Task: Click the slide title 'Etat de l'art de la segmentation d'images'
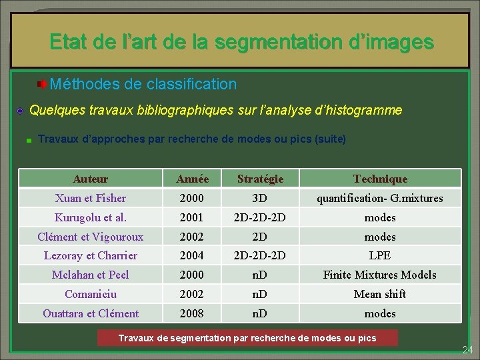coord(241,42)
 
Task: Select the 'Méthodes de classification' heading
coord(143,85)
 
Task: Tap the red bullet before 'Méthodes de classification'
coord(41,85)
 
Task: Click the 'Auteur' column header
coord(91,179)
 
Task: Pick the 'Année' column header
coord(193,179)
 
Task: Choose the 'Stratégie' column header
coord(260,179)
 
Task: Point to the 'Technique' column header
coord(380,179)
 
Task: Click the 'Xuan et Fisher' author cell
coord(91,198)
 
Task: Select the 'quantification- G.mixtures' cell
coord(380,198)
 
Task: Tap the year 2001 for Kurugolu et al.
coord(193,217)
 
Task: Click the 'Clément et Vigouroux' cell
coord(91,237)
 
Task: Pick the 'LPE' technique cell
coord(380,255)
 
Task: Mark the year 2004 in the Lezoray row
coord(193,255)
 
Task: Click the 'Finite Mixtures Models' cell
coord(380,275)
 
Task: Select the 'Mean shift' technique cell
coord(380,294)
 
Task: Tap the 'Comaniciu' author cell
coord(91,294)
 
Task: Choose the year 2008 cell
coord(193,313)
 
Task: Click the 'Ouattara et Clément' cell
coord(91,313)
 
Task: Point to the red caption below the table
coord(247,338)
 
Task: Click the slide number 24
coord(467,349)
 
